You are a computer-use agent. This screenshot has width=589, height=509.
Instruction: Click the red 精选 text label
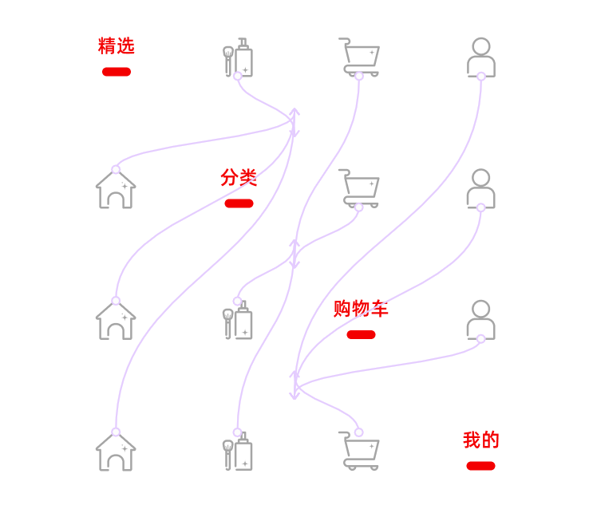point(116,46)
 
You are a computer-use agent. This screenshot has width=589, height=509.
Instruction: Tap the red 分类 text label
point(239,177)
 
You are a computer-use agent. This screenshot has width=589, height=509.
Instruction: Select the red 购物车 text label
point(361,309)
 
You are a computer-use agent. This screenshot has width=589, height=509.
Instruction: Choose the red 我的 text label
point(480,440)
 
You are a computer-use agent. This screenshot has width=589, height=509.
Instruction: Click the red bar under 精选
point(117,72)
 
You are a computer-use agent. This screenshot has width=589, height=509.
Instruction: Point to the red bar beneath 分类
point(239,203)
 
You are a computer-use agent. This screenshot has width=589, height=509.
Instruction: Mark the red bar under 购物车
point(361,335)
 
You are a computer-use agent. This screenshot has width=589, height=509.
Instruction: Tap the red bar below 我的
point(480,466)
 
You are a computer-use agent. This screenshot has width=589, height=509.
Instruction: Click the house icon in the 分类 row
point(116,190)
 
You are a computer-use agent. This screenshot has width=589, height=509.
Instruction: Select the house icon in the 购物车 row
point(116,321)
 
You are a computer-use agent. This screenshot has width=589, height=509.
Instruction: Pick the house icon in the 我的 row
point(116,452)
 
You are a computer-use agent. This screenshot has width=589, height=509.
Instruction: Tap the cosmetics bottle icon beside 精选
point(238,58)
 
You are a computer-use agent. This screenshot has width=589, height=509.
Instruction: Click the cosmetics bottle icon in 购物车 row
point(238,322)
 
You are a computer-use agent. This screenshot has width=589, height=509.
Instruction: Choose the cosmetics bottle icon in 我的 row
point(238,452)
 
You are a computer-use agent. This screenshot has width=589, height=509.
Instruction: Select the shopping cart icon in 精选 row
point(360,57)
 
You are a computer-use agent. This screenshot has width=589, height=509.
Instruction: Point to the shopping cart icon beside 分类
point(360,189)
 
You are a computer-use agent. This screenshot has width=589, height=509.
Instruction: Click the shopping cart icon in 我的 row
point(360,452)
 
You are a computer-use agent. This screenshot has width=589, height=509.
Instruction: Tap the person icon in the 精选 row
point(480,57)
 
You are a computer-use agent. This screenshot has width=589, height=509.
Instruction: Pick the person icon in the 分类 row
point(480,189)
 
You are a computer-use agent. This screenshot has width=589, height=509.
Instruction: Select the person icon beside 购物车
point(480,321)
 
